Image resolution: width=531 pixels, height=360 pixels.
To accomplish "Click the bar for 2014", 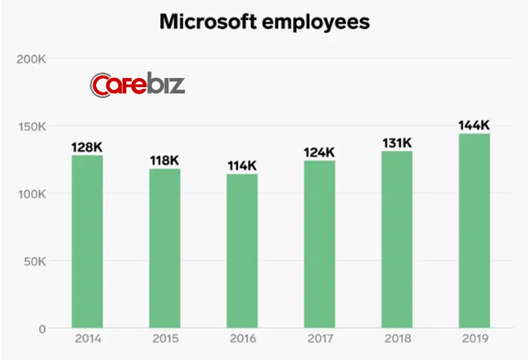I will [x=87, y=241].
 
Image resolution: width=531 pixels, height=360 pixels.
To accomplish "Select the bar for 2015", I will [x=164, y=248].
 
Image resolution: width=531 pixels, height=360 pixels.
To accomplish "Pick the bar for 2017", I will [x=319, y=244].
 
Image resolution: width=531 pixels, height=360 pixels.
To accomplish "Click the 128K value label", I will [x=87, y=147].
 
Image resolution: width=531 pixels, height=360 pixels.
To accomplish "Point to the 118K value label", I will [x=164, y=160].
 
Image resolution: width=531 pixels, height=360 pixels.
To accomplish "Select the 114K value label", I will [x=242, y=166].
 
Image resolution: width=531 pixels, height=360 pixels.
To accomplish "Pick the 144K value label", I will [x=474, y=125].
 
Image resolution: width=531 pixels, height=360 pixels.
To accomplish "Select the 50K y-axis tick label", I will [x=33, y=261].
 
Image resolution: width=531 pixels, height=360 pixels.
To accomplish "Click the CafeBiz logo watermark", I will [x=138, y=85].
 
